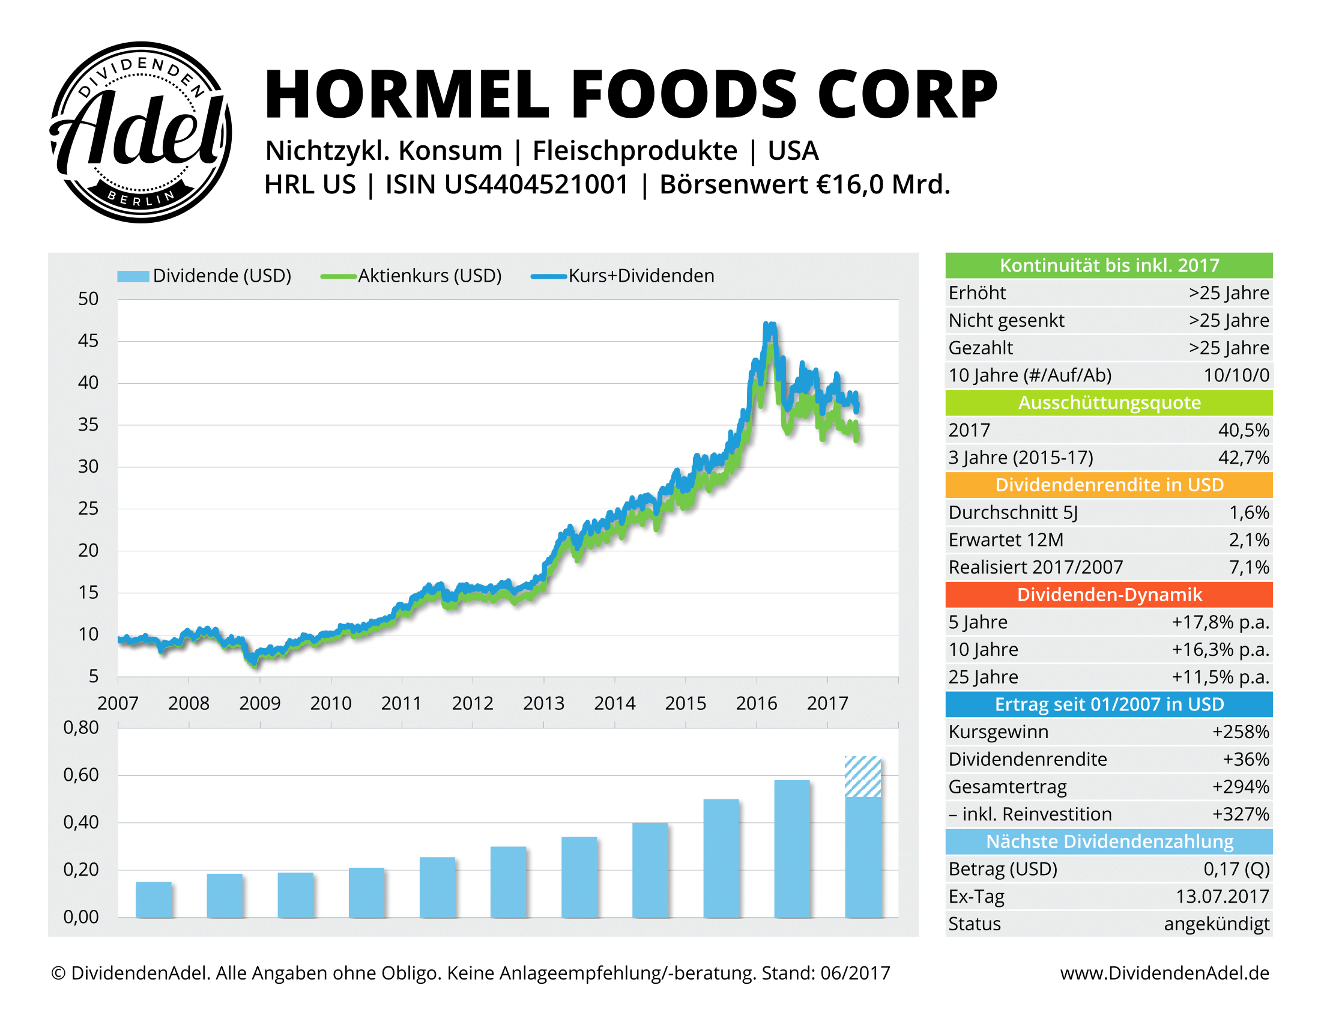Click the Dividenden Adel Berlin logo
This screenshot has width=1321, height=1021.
pos(141,132)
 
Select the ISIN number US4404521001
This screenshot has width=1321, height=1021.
pos(536,184)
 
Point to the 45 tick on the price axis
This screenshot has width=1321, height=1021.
pos(88,341)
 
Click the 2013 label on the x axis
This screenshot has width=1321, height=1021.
pos(543,703)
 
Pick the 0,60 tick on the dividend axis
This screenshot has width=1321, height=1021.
pos(81,775)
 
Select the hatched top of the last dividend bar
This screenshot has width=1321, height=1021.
pos(862,777)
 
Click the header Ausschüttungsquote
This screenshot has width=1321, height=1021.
pos(1108,403)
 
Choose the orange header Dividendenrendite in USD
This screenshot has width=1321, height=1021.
pos(1108,485)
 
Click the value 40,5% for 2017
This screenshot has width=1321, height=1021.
pos(1243,430)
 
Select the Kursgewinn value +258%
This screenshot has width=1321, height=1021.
pos(1240,732)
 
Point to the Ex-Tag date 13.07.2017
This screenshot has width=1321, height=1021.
pos(1222,897)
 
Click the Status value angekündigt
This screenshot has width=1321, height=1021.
pos(1217,924)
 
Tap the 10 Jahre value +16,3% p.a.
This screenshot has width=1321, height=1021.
pos(1220,650)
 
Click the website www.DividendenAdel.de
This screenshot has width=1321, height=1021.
pos(1164,973)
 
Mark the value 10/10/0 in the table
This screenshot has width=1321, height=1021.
pos(1236,375)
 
